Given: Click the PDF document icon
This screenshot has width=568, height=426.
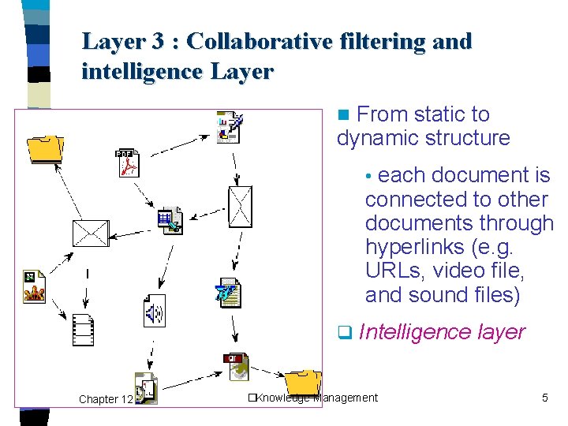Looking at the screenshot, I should click(x=127, y=163).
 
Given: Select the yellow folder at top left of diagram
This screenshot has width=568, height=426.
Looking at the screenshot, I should click(x=45, y=147).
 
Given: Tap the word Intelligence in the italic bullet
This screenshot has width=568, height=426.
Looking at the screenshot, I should click(x=415, y=332).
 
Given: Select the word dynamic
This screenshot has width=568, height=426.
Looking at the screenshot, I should click(x=378, y=139).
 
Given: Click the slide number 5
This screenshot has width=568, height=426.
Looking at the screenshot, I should click(x=544, y=398).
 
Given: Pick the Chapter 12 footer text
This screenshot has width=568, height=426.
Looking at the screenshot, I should click(x=105, y=399).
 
